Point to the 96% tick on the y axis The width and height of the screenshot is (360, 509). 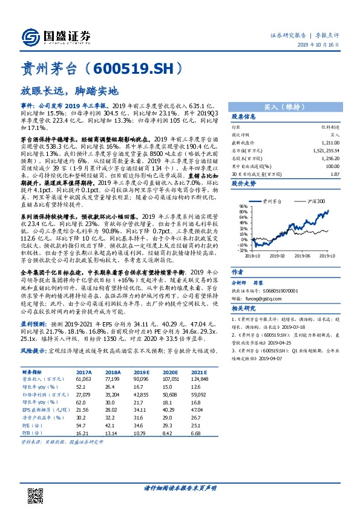(243, 206)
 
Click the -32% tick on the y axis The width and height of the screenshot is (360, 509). (242, 249)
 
